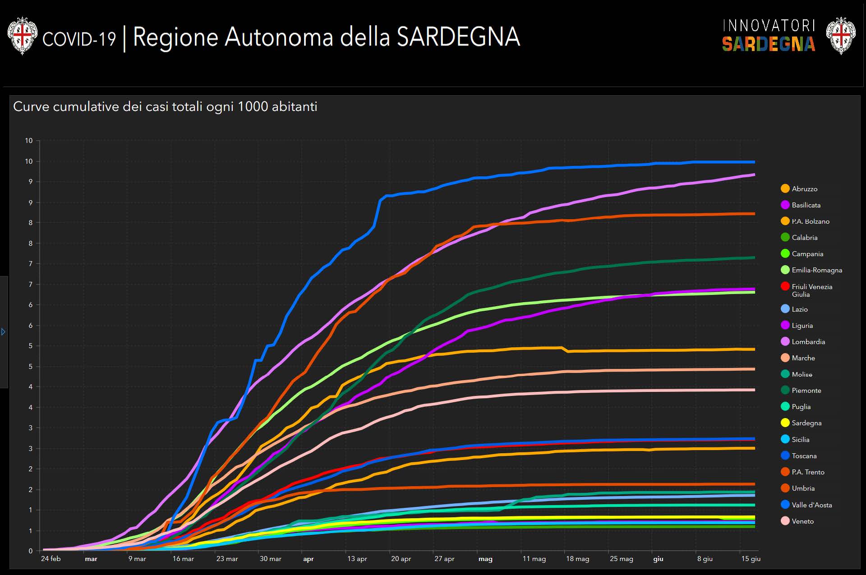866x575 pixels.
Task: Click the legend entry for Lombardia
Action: coord(808,342)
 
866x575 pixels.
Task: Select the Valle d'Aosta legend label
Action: coord(811,505)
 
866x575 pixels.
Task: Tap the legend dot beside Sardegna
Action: coord(785,423)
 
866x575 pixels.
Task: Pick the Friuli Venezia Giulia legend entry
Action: coord(811,290)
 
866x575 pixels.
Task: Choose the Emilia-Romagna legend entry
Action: coord(816,270)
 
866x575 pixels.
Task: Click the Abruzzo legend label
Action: coord(804,189)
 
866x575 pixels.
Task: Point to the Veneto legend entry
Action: coord(802,521)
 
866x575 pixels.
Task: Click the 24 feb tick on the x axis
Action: coord(51,559)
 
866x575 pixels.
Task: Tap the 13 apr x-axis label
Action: coord(357,559)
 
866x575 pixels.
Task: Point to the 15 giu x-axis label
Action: coord(751,559)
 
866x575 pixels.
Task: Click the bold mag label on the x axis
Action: coord(485,559)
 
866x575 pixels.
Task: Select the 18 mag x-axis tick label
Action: coord(577,559)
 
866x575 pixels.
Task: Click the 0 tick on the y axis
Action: coord(31,551)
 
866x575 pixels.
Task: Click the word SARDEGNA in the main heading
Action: coord(458,37)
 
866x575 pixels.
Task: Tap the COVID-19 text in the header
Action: coord(79,39)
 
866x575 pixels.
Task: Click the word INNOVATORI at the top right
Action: coord(769,26)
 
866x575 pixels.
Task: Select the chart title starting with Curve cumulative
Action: coord(165,107)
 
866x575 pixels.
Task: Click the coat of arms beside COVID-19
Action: coord(22,36)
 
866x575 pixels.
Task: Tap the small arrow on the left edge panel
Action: coord(4,332)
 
